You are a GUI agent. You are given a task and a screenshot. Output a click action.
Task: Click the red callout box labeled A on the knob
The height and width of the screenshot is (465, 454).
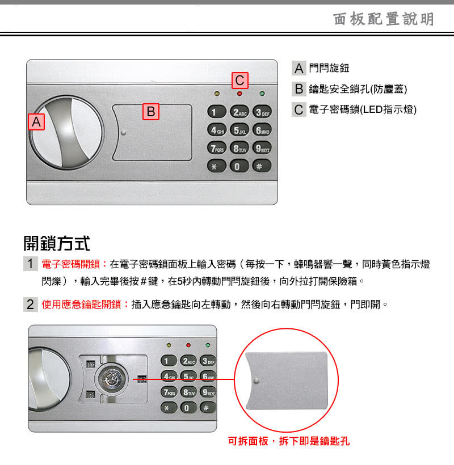click(x=36, y=122)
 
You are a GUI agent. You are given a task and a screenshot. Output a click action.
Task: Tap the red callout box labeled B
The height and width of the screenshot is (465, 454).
click(x=151, y=112)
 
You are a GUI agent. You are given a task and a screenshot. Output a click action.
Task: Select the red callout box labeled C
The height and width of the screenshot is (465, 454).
click(x=239, y=81)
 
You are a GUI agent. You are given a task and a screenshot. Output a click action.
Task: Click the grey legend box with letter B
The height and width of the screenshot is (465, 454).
click(x=299, y=89)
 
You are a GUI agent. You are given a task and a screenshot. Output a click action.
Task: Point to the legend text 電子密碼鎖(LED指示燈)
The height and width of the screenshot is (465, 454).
click(x=363, y=109)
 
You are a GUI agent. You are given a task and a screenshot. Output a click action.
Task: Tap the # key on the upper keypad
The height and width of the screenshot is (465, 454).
click(x=262, y=166)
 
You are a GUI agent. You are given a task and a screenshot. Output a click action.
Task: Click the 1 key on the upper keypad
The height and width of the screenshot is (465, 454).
click(x=217, y=112)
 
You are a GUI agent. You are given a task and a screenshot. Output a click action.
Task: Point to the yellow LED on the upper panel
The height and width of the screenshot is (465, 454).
click(x=217, y=94)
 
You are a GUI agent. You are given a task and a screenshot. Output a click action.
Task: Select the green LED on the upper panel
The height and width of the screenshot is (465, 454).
click(x=262, y=94)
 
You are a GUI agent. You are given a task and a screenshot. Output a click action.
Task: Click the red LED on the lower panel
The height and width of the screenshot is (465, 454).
click(x=188, y=345)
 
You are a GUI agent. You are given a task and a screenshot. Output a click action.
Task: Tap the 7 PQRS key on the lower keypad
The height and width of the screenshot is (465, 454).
click(x=169, y=392)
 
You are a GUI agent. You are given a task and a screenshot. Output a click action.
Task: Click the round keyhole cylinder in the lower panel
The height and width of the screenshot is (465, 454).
click(x=112, y=379)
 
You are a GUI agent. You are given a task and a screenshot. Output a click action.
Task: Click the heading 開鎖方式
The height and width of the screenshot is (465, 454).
click(x=57, y=243)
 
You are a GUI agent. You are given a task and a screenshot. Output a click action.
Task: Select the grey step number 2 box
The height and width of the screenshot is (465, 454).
click(x=31, y=305)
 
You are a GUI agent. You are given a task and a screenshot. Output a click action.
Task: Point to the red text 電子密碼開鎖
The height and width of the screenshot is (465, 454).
click(x=71, y=264)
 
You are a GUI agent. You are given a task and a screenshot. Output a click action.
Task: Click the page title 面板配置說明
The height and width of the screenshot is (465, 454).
click(x=384, y=19)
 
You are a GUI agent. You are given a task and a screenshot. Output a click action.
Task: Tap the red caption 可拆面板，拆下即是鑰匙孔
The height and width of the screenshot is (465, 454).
click(x=289, y=441)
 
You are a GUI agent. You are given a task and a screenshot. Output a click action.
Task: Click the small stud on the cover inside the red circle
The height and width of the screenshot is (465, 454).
click(x=257, y=381)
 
